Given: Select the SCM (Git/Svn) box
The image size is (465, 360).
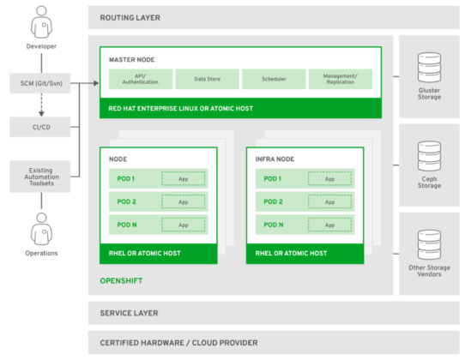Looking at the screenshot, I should pyautogui.click(x=39, y=84).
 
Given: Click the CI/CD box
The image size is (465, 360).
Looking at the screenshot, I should pyautogui.click(x=39, y=127).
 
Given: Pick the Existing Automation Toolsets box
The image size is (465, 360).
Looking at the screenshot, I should pyautogui.click(x=39, y=177).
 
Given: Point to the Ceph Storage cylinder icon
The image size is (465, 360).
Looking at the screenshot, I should pyautogui.click(x=428, y=155).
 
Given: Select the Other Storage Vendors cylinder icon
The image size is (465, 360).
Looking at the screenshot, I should pyautogui.click(x=428, y=244).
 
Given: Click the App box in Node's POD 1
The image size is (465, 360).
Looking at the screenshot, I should pyautogui.click(x=184, y=179).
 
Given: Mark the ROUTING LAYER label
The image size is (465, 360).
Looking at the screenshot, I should pyautogui.click(x=130, y=17).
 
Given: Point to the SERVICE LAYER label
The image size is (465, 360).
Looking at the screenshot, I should pyautogui.click(x=129, y=314).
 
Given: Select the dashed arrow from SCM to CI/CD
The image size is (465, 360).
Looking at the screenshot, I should pyautogui.click(x=39, y=105).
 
